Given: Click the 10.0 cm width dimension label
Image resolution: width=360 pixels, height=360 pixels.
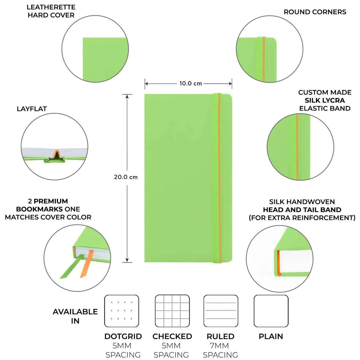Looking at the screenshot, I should click(x=188, y=83).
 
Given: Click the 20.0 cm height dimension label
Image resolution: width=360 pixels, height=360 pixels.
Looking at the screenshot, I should click(x=126, y=177).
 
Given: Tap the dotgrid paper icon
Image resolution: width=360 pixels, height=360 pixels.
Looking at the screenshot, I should click(x=121, y=311).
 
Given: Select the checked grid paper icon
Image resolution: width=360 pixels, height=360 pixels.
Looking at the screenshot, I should click(x=172, y=311).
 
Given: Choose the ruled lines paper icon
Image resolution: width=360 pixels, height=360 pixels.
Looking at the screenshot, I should click(x=221, y=311).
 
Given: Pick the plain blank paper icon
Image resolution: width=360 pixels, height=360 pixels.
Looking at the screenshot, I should click(x=271, y=311).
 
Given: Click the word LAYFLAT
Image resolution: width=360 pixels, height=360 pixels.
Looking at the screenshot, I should click(x=32, y=109).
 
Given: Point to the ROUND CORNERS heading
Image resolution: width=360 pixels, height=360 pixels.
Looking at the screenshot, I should click(x=315, y=12).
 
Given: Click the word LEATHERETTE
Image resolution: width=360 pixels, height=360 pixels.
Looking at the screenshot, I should click(x=51, y=7).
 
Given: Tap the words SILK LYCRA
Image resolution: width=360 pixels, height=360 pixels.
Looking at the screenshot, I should click(x=324, y=100).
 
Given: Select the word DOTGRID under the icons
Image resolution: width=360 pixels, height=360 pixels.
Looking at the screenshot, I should click(x=123, y=336).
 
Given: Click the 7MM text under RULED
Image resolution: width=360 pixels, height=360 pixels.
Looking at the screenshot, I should click(x=220, y=346).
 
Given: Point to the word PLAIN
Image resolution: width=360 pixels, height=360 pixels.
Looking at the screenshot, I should click(x=271, y=336).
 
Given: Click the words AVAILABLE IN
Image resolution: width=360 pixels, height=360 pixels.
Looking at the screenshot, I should click(x=75, y=316).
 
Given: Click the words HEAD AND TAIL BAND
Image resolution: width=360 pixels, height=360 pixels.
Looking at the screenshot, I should click(x=302, y=210).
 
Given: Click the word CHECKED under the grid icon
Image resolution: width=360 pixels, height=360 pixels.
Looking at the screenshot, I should click(x=172, y=336).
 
